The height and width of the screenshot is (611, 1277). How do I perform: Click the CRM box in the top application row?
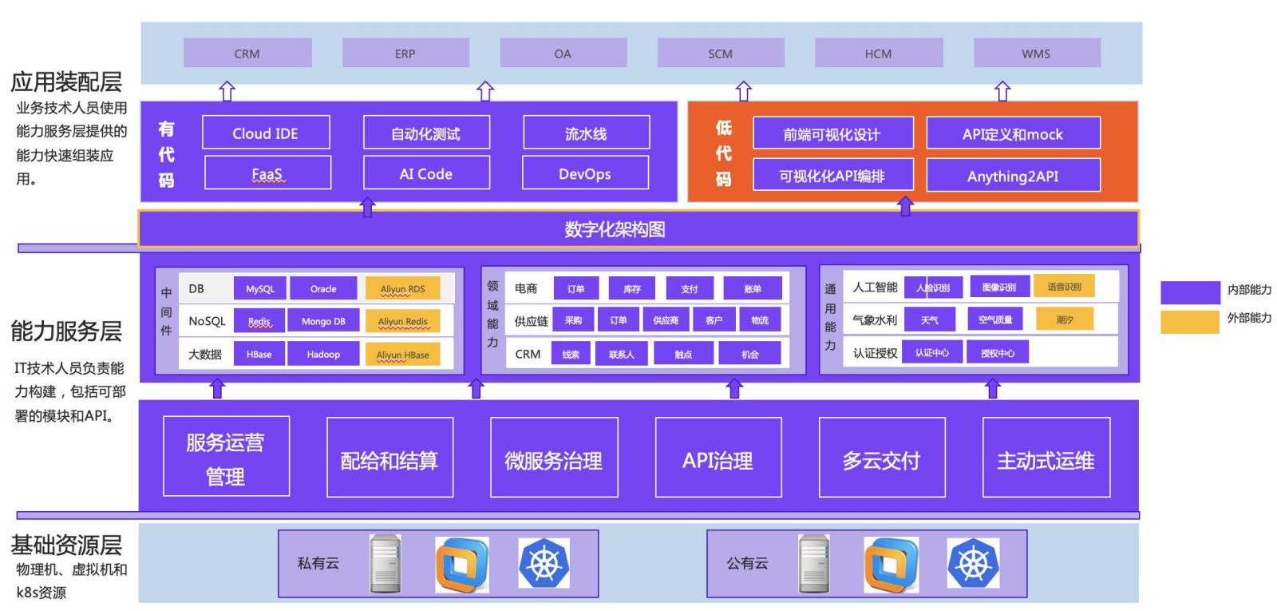[x=247, y=54]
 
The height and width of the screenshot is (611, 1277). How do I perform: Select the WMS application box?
[x=1036, y=54]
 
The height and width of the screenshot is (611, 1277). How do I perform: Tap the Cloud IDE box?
[x=265, y=133]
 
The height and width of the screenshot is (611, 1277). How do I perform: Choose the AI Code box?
[x=426, y=173]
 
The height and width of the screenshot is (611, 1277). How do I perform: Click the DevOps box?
[x=585, y=173]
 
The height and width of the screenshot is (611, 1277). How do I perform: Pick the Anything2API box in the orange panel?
[x=1013, y=176]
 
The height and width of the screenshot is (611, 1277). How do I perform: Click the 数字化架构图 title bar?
[x=615, y=229]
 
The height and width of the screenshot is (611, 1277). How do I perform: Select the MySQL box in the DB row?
[x=260, y=289]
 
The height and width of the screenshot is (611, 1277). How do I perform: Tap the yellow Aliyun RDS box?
[x=402, y=289]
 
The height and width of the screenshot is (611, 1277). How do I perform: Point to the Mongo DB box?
[x=323, y=321]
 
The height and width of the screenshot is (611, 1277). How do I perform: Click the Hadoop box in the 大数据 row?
[x=323, y=354]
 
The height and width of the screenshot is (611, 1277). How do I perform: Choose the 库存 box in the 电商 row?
[x=632, y=289]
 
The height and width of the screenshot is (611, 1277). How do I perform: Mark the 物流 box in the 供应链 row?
[x=760, y=320]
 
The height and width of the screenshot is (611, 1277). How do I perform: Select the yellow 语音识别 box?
[x=1064, y=286]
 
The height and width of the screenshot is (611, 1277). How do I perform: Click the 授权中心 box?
[x=998, y=352]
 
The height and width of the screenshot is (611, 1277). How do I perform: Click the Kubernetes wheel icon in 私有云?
[x=544, y=564]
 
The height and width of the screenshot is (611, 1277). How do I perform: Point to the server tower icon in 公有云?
[x=814, y=564]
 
